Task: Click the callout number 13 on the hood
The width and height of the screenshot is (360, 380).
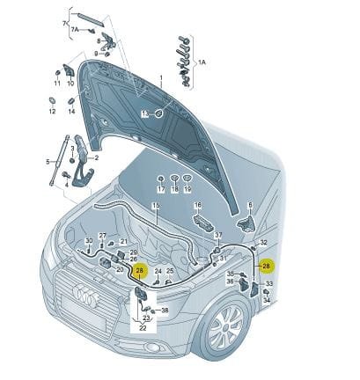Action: pyautogui.click(x=145, y=114)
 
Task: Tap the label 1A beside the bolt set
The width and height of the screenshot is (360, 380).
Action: pyautogui.click(x=202, y=62)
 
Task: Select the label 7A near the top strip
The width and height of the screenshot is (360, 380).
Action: pyautogui.click(x=75, y=29)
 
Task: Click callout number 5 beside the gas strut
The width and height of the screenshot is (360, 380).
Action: pyautogui.click(x=48, y=162)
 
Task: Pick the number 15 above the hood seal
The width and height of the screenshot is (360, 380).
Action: pyautogui.click(x=156, y=206)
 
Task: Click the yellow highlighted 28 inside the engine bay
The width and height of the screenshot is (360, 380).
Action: pyautogui.click(x=140, y=272)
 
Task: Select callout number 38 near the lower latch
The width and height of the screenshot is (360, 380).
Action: pyautogui.click(x=164, y=311)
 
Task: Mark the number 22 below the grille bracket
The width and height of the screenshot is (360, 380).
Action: pyautogui.click(x=143, y=327)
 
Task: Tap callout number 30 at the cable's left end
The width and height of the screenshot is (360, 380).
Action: pyautogui.click(x=89, y=240)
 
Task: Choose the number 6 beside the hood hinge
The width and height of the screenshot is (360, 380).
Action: pyautogui.click(x=251, y=204)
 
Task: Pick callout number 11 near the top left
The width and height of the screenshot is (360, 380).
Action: pyautogui.click(x=57, y=84)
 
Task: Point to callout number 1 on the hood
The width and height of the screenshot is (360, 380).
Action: pyautogui.click(x=161, y=78)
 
